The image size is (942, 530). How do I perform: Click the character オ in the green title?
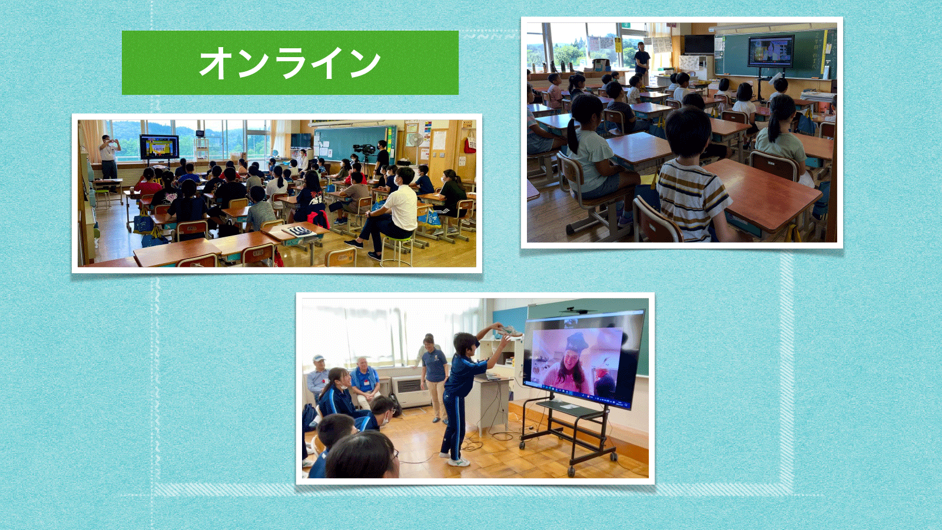tap(217, 62)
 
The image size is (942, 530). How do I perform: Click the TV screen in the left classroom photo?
tap(160, 147)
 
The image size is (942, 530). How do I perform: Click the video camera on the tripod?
tap(364, 149)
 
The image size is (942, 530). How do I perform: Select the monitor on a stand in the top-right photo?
tap(771, 51)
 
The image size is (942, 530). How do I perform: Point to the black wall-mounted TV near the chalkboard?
tap(699, 44)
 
